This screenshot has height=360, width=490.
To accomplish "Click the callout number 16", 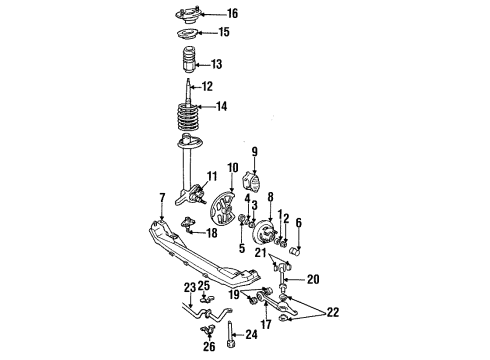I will [x=233, y=14].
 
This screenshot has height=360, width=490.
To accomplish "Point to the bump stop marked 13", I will [x=187, y=70].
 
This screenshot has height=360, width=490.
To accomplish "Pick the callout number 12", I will [x=208, y=87].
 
